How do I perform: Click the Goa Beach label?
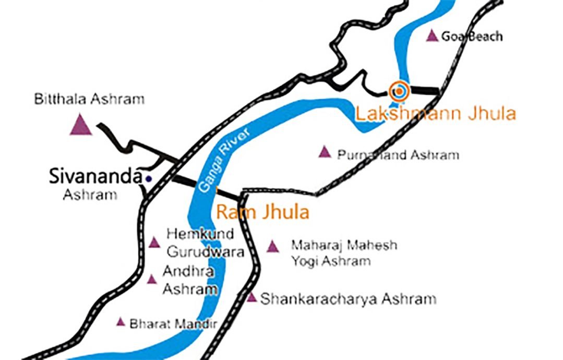click(472, 37)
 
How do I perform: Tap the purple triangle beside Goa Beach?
click(432, 36)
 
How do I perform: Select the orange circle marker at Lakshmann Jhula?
click(399, 91)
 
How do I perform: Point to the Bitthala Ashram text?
click(89, 99)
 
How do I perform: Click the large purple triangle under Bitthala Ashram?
click(81, 125)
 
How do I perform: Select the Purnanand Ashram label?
click(398, 155)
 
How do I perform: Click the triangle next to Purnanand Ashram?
click(325, 152)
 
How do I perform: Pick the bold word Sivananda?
click(95, 176)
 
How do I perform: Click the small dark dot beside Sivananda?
click(149, 178)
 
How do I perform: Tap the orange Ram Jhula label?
click(262, 212)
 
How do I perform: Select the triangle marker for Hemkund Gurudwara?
click(154, 242)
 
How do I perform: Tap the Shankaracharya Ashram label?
click(348, 299)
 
